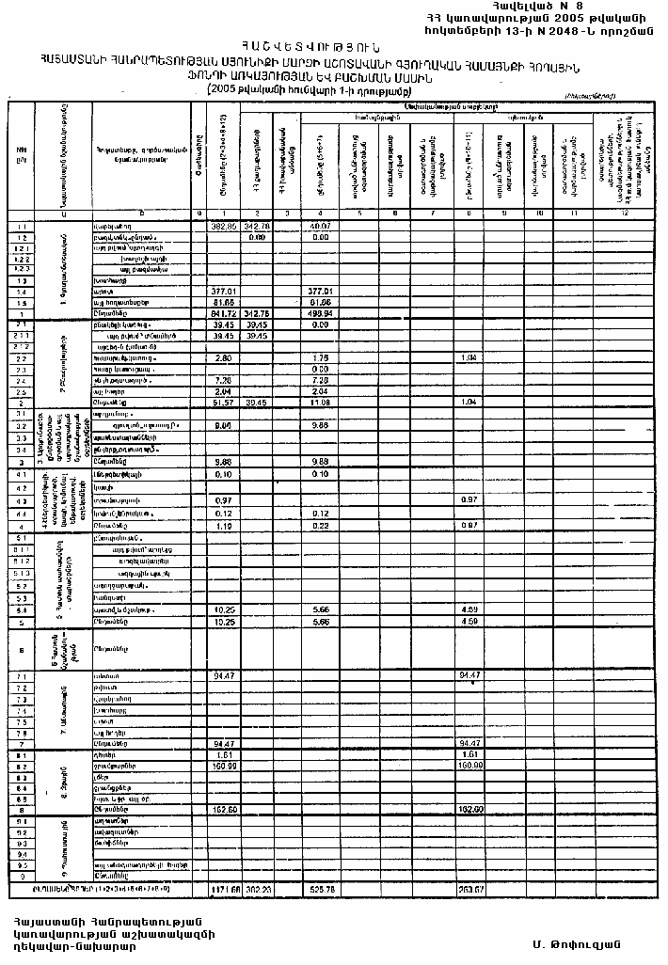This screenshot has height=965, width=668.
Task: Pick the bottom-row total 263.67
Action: (x=472, y=887)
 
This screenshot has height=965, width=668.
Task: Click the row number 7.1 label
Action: (x=21, y=675)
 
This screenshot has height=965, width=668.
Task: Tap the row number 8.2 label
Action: (x=21, y=766)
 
